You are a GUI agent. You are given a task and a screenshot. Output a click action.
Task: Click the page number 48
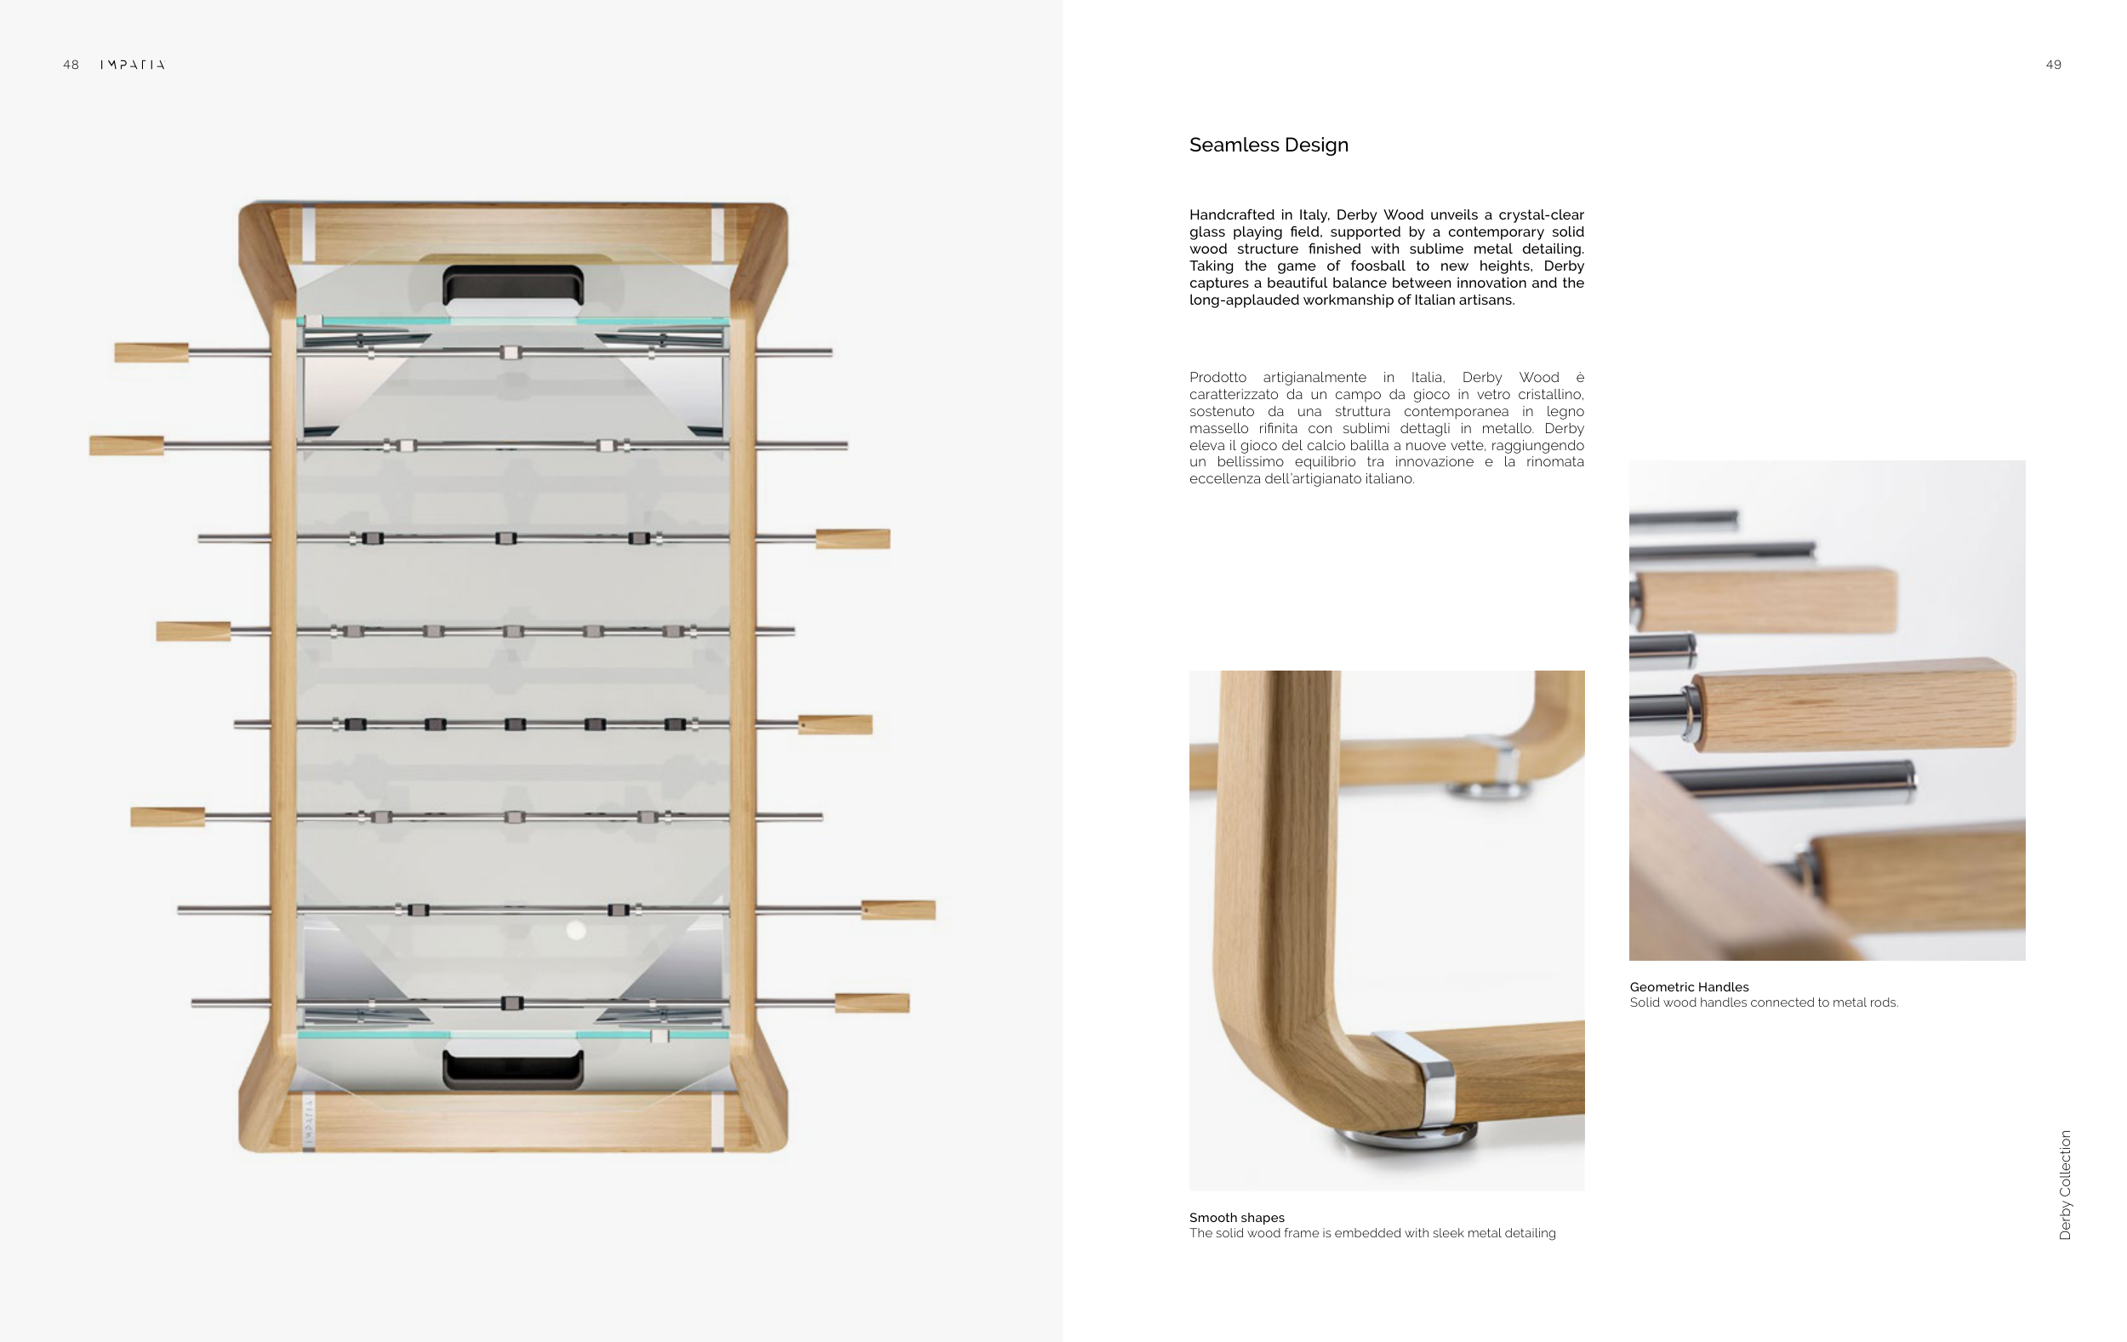(x=71, y=65)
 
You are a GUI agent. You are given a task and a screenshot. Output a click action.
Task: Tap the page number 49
(x=2053, y=65)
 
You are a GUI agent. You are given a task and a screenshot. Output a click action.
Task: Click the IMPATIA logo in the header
(x=133, y=65)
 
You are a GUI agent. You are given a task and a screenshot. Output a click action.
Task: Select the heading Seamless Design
(x=1269, y=145)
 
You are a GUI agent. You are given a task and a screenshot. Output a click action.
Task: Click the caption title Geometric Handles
(x=1689, y=987)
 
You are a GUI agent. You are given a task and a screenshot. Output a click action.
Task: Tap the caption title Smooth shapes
(x=1236, y=1218)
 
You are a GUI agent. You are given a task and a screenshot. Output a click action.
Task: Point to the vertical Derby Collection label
(x=2065, y=1185)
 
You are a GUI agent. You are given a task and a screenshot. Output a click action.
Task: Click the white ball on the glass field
(x=576, y=929)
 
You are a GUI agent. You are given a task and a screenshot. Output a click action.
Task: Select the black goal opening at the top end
(x=512, y=284)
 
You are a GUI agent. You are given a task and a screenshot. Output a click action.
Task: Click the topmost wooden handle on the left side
(x=152, y=352)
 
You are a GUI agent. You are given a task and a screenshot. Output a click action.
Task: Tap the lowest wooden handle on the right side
(x=872, y=1002)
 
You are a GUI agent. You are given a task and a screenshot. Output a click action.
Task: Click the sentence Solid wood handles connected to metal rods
(x=1764, y=1002)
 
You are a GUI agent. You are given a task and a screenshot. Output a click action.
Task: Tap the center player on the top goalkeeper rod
(x=510, y=352)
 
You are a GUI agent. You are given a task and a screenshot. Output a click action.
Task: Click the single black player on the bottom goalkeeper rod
(x=511, y=1002)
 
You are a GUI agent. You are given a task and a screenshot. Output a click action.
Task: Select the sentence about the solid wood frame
(x=1372, y=1233)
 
